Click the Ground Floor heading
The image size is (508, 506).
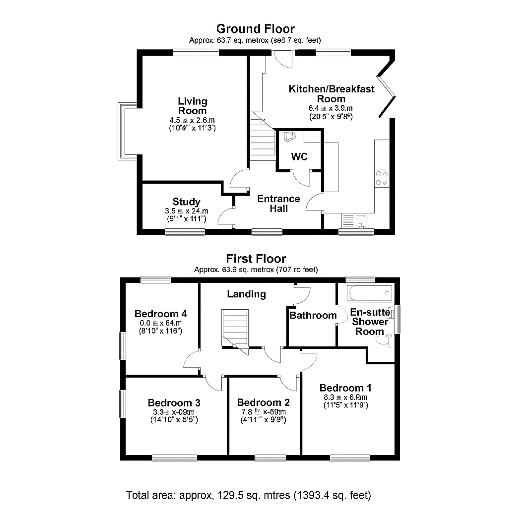coord(255,29)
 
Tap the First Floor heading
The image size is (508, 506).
coord(256,259)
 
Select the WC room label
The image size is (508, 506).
coord(299,157)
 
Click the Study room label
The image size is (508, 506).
coord(186,202)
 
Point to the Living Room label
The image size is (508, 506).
coord(193,106)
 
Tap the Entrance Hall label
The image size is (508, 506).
coord(278,203)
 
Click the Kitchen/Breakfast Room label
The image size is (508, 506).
coord(331,94)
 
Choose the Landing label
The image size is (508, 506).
coord(246,294)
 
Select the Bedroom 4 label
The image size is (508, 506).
coord(161,314)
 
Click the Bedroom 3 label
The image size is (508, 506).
coord(174,403)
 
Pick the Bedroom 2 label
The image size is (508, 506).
coord(263,402)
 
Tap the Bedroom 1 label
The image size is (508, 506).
coord(345,388)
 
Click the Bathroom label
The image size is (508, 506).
coord(313,315)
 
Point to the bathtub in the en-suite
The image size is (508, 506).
coord(369,293)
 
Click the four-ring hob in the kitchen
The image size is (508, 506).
coord(382,178)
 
